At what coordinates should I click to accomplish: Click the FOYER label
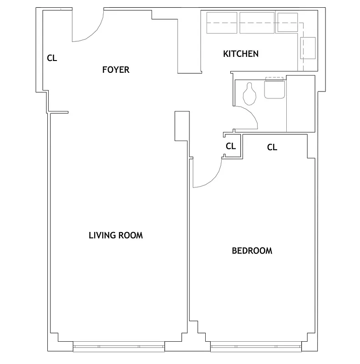[116, 70]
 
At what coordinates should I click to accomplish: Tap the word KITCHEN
[241, 54]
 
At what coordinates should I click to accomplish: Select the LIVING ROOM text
[116, 235]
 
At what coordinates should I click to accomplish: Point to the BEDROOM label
[252, 250]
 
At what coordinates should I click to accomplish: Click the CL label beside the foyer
[52, 58]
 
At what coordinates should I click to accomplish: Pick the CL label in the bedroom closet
[272, 147]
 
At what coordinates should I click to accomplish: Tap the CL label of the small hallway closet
[231, 146]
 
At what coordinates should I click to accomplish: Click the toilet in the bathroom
[249, 93]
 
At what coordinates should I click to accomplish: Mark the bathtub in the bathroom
[300, 104]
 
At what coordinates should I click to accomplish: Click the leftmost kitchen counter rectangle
[222, 23]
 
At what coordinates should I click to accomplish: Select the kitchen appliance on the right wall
[309, 48]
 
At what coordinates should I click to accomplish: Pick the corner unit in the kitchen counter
[287, 22]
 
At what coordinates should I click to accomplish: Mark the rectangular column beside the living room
[181, 126]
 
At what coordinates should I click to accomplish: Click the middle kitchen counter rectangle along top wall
[257, 23]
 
